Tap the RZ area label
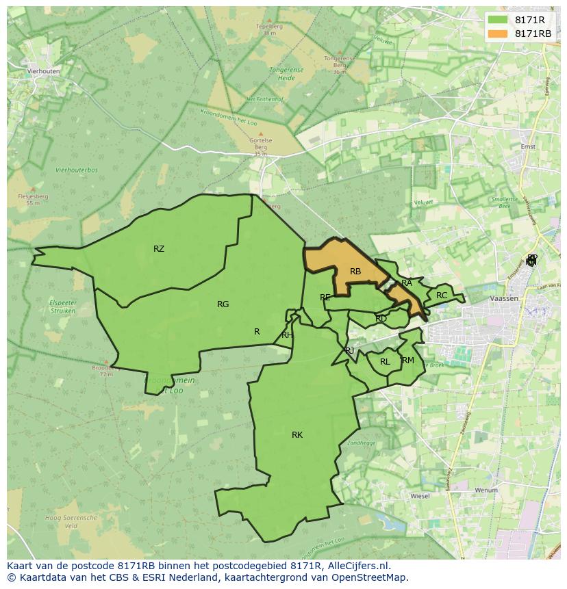159,249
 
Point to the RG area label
223,304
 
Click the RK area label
297,435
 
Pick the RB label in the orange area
355,272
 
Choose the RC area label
442,296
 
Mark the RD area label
381,319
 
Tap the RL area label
385,362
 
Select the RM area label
408,361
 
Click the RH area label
287,335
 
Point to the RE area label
325,298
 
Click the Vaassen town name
503,299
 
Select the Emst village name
528,146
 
